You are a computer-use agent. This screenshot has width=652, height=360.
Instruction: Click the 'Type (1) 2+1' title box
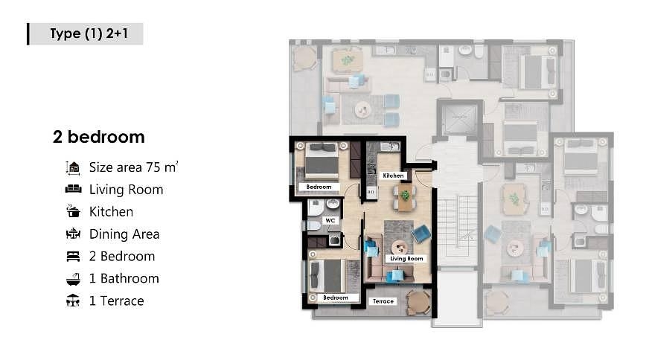(x=86, y=33)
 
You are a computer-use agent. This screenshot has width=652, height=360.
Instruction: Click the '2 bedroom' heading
(x=99, y=137)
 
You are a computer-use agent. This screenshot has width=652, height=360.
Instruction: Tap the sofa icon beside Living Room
(x=74, y=189)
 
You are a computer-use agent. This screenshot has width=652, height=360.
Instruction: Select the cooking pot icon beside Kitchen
(x=74, y=211)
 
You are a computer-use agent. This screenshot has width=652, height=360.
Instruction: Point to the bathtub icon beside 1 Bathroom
(x=74, y=278)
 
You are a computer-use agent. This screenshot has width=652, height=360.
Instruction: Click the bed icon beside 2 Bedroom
(x=73, y=257)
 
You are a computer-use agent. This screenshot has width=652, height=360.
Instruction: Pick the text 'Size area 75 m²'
(x=133, y=167)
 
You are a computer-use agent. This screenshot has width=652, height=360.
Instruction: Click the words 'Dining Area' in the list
(x=124, y=234)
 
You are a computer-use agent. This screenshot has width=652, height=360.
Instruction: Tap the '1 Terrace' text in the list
(x=116, y=300)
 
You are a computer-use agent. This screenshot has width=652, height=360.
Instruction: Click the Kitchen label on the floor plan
(x=394, y=176)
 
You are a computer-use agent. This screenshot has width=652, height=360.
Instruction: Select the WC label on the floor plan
(x=330, y=220)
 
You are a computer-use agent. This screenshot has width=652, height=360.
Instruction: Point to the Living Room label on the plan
(x=406, y=259)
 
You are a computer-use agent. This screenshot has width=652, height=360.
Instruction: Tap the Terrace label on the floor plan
(x=383, y=301)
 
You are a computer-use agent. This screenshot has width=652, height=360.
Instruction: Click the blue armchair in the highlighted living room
(x=421, y=234)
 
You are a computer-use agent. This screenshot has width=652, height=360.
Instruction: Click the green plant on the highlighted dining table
(x=405, y=195)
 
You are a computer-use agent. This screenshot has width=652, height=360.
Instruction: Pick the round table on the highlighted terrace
(x=418, y=302)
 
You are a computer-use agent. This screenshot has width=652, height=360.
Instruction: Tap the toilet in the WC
(x=313, y=225)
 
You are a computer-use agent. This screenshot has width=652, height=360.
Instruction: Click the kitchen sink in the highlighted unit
(x=389, y=147)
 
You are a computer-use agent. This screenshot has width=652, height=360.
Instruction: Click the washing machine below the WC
(x=334, y=240)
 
